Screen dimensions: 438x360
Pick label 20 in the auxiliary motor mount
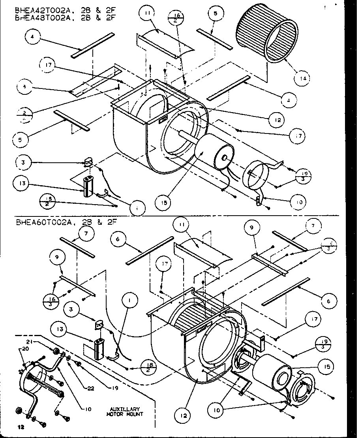(26, 349)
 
